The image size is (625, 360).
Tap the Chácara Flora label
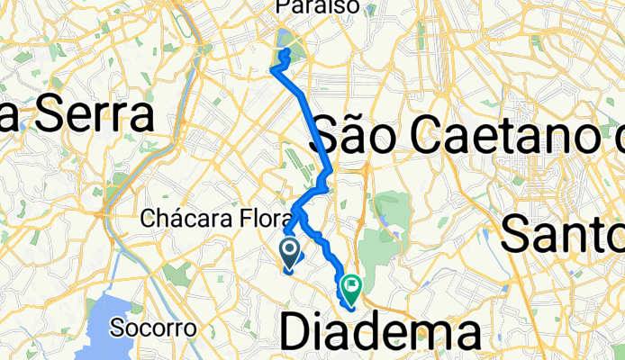[217, 219]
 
